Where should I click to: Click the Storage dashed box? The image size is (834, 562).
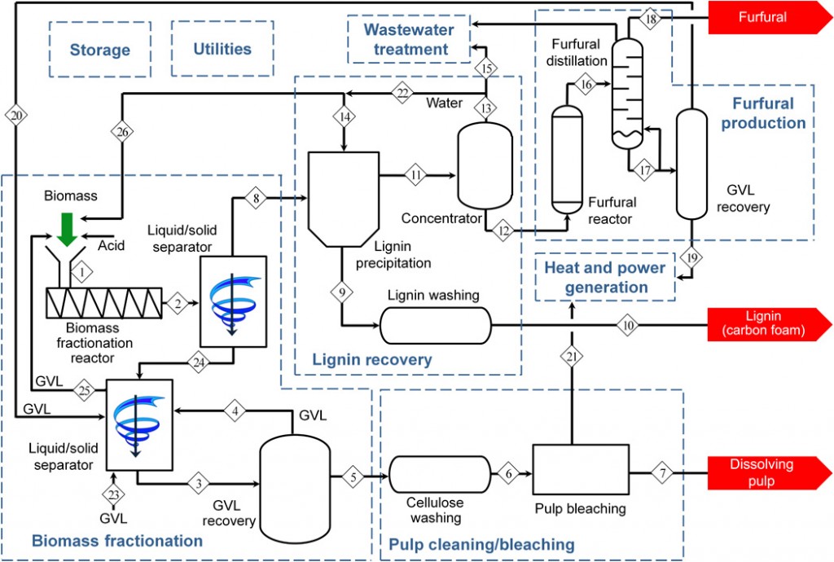pos(100,50)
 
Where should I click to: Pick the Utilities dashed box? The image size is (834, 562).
pos(222,49)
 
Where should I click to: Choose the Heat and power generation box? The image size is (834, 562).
pos(604,277)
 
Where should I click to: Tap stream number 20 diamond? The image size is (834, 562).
pos(17,116)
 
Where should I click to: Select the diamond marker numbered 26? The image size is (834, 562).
pos(121,131)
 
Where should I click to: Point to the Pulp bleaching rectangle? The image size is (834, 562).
pos(579,472)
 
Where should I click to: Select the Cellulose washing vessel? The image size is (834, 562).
pos(439,472)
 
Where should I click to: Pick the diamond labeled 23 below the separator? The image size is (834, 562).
pos(114,494)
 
